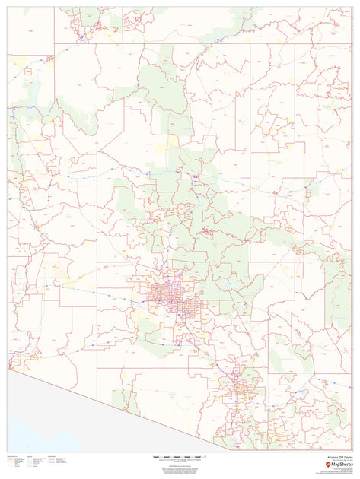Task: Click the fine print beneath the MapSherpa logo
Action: tap(335, 471)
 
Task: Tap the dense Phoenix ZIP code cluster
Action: tap(169, 294)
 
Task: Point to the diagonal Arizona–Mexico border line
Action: tap(114, 407)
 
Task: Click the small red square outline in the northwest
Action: tap(27, 70)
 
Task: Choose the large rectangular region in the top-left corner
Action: tap(30, 24)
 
